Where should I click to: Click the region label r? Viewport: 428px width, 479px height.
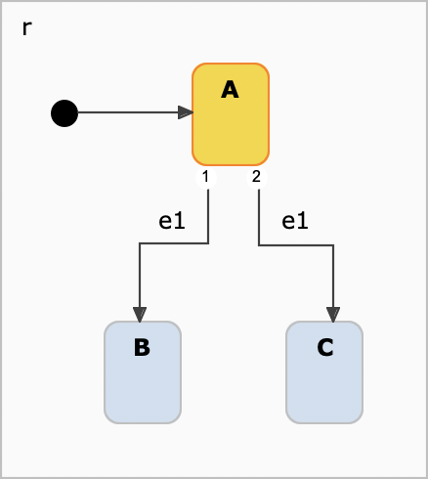[x=26, y=27]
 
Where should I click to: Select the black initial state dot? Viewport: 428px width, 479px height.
[x=64, y=113]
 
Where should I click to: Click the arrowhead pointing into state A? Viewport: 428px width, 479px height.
[x=185, y=113]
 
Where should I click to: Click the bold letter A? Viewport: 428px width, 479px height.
[x=231, y=90]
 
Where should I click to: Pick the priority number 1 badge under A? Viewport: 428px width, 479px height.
[x=205, y=177]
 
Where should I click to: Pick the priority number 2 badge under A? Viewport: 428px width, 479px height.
[x=256, y=177]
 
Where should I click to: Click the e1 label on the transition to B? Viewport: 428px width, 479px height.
[x=172, y=222]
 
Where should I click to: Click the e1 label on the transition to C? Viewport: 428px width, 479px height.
[x=294, y=222]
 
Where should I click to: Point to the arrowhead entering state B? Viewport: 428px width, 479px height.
[x=142, y=314]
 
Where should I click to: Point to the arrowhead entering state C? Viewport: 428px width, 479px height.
[x=333, y=314]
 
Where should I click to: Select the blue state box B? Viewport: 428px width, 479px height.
[x=143, y=386]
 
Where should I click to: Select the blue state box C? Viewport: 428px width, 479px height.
[x=324, y=386]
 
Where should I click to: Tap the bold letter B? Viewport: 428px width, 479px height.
[x=143, y=348]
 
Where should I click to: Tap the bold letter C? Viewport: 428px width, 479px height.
[x=324, y=348]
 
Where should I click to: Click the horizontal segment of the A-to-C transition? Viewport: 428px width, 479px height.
[x=296, y=244]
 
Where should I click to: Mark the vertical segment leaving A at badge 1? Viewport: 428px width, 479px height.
[x=209, y=215]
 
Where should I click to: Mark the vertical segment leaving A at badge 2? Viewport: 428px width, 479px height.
[x=259, y=215]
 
